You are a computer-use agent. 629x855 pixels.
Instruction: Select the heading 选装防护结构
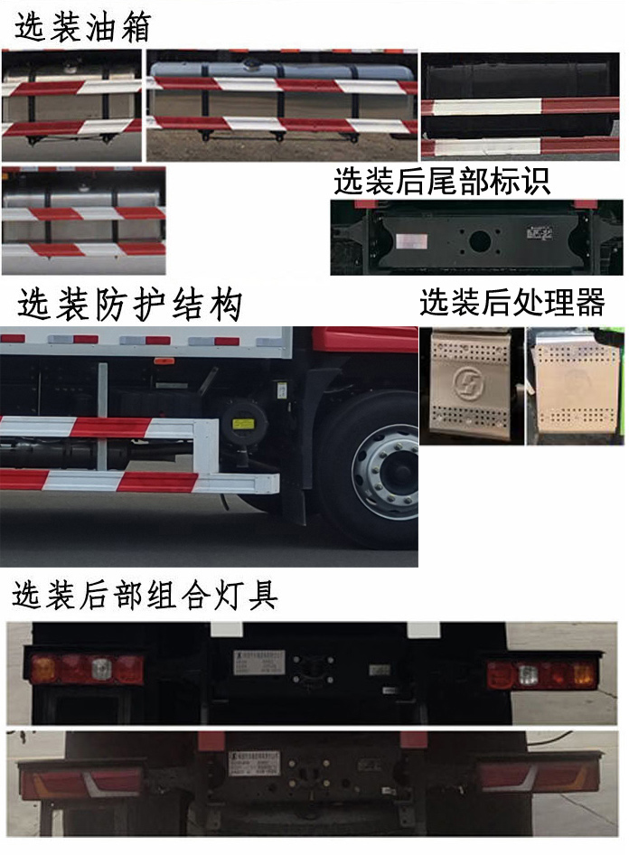pos(130,305)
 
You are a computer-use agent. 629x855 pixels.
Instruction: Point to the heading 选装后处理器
pos(512,303)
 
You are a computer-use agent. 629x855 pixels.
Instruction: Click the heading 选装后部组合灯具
pos(145,596)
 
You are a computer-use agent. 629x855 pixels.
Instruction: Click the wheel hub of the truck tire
pos(383,467)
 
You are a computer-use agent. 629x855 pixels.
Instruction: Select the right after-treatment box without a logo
pos(575,387)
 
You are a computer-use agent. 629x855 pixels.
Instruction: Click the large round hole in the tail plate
pos(478,241)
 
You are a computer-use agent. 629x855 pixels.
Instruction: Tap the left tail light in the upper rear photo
pos(87,669)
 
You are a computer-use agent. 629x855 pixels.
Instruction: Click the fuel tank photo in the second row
pos(83,221)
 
